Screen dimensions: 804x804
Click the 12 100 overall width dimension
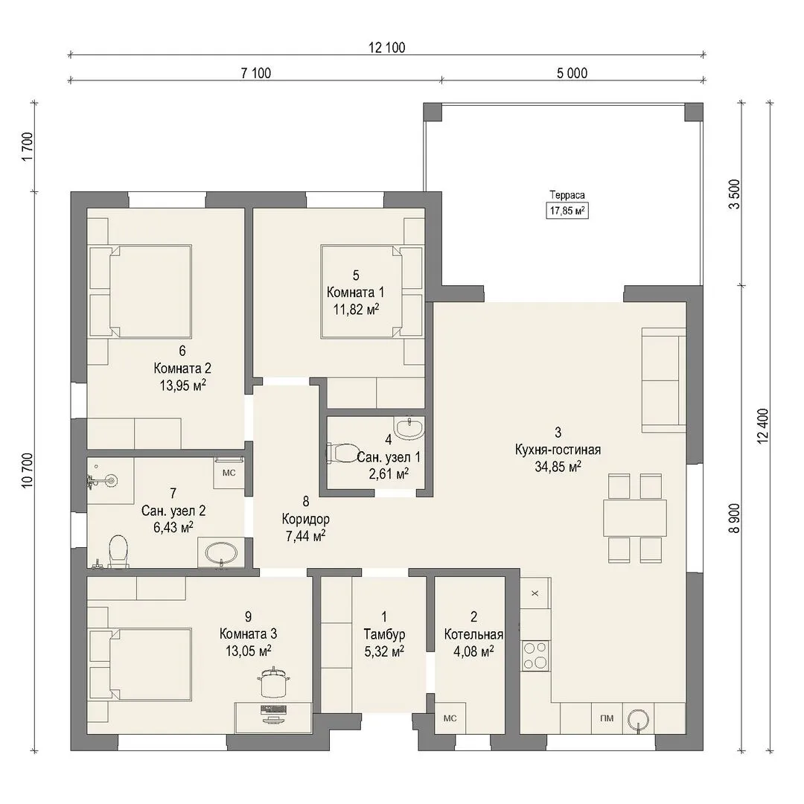coord(386,48)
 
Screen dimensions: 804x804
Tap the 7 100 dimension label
coord(256,73)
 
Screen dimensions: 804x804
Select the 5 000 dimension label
coord(572,73)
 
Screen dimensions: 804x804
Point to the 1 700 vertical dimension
coord(28,147)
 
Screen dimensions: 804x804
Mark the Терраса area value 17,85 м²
coord(567,211)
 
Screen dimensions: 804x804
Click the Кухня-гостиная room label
coord(558,450)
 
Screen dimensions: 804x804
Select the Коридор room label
coord(306,519)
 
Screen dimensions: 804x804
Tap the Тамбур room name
coord(384,634)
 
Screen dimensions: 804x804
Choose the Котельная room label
coord(473,634)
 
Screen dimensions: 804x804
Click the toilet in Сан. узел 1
coord(342,453)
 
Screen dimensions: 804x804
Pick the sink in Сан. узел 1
coord(409,427)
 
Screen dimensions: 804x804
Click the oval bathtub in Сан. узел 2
coord(221,554)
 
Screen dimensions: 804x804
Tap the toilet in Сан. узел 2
coord(118,552)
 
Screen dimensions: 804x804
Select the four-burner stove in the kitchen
coord(536,656)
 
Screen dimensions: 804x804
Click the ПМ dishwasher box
coord(607,718)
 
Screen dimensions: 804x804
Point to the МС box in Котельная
coord(450,718)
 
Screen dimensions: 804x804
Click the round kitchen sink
coord(639,719)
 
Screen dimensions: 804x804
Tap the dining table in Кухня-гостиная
coord(635,518)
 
